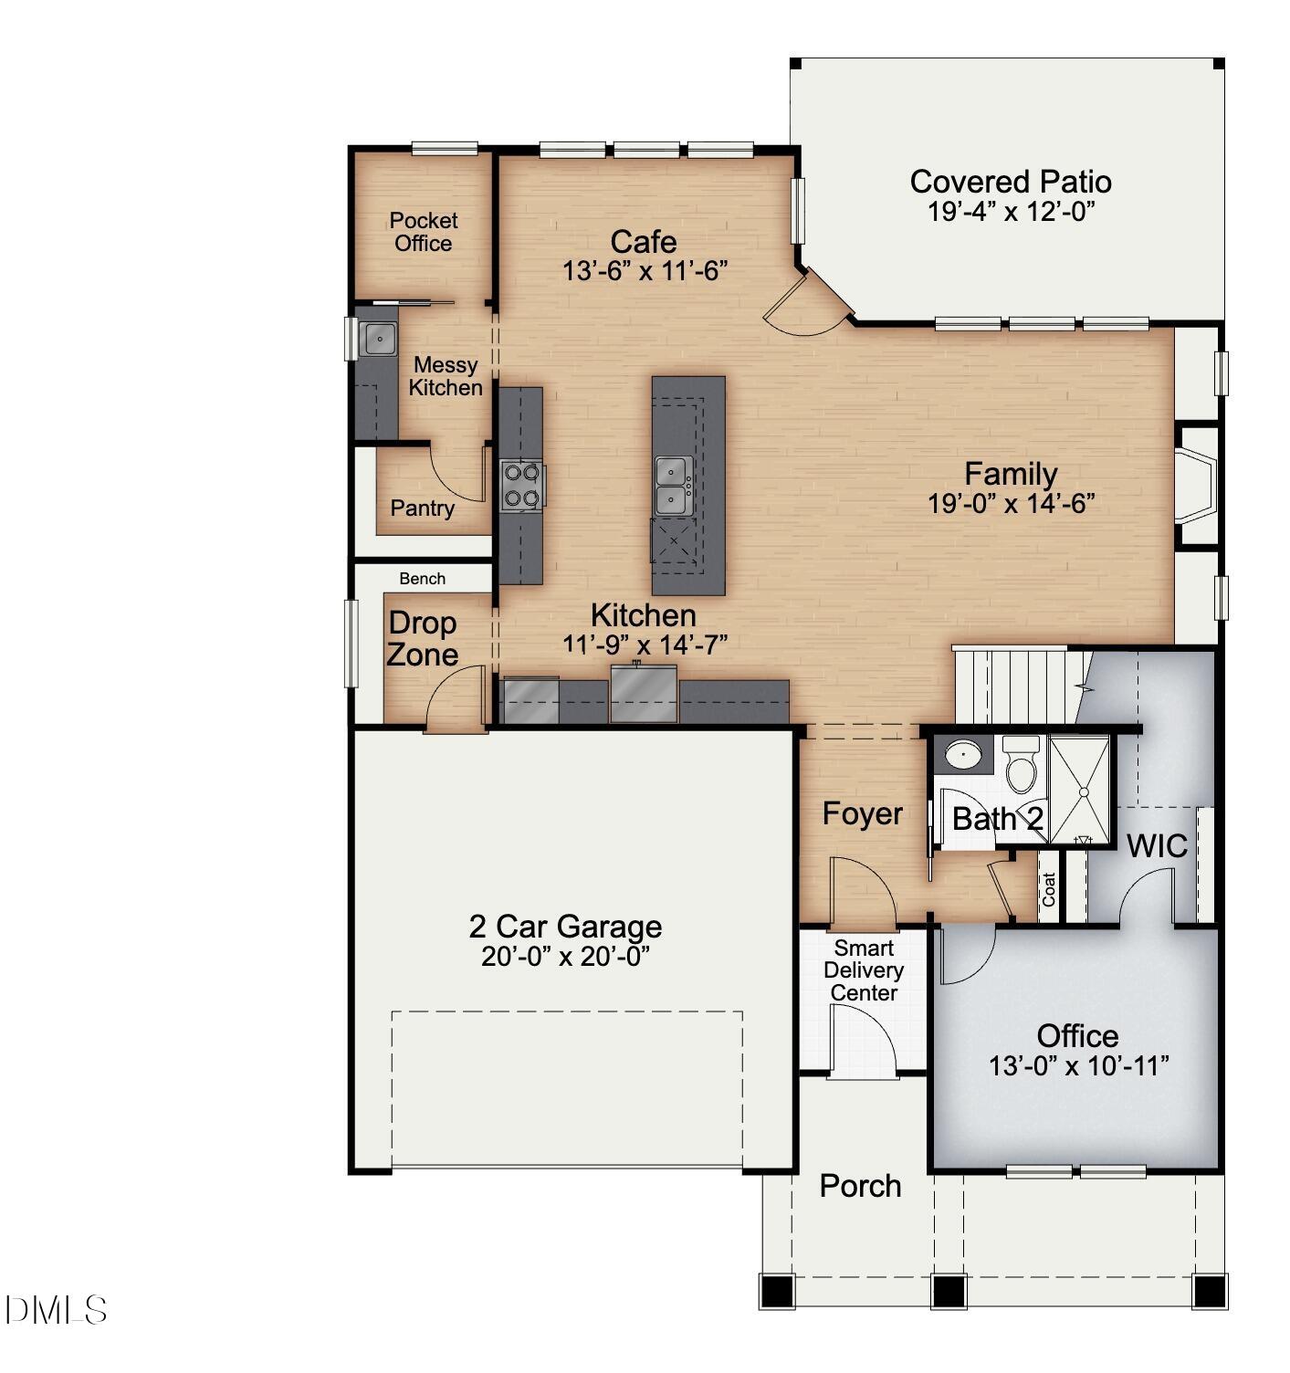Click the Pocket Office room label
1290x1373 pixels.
tap(423, 232)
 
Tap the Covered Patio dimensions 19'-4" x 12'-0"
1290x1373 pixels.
tap(1011, 212)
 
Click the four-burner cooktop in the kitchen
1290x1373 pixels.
tap(522, 485)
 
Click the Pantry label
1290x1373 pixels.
tap(422, 508)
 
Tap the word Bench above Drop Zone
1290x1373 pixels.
tap(422, 579)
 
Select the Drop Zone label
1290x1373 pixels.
tap(422, 639)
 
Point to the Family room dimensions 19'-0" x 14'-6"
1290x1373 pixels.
tap(1011, 504)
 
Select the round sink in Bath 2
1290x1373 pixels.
tap(962, 755)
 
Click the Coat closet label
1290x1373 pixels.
tap(1049, 889)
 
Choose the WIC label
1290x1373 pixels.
tap(1156, 846)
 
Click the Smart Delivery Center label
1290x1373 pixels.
tap(863, 970)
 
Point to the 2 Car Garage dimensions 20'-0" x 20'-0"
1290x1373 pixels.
tap(565, 957)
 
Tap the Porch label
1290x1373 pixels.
tap(860, 1186)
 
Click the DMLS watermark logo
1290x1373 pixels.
tap(56, 1311)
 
